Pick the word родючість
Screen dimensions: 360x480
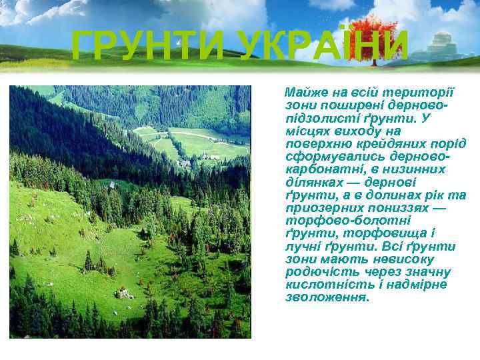tap(317, 272)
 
